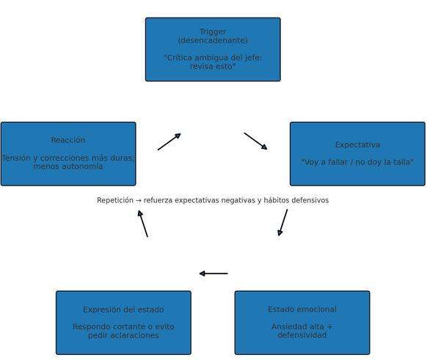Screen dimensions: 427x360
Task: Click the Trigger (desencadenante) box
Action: point(213,50)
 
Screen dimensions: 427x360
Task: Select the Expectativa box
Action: point(357,154)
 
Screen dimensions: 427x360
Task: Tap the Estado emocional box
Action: point(302,323)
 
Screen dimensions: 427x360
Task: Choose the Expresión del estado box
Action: point(123,323)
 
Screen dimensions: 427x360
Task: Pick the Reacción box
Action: point(68,154)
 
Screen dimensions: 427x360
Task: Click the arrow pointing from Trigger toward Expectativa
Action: point(256,142)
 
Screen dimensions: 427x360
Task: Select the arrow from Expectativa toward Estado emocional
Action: point(282,223)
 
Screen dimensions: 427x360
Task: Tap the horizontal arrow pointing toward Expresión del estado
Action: point(213,273)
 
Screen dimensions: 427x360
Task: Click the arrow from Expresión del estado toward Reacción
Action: point(142,224)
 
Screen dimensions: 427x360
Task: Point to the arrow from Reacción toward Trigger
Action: point(169,142)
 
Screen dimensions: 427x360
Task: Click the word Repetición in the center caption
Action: point(115,200)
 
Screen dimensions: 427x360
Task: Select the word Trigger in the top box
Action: point(213,32)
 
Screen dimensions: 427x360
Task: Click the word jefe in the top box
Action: point(254,58)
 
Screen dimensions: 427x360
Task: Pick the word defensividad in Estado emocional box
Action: point(302,335)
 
